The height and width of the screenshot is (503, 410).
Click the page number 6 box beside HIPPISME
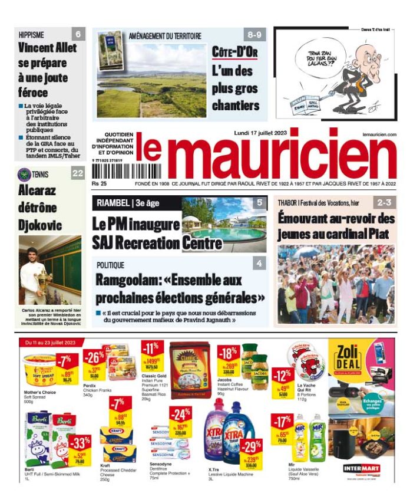pyautogui.click(x=78, y=34)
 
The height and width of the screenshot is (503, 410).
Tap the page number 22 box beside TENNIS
pyautogui.click(x=78, y=173)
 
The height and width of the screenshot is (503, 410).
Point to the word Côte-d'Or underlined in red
pyautogui.click(x=235, y=53)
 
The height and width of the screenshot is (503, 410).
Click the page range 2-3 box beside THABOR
pyautogui.click(x=385, y=202)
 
